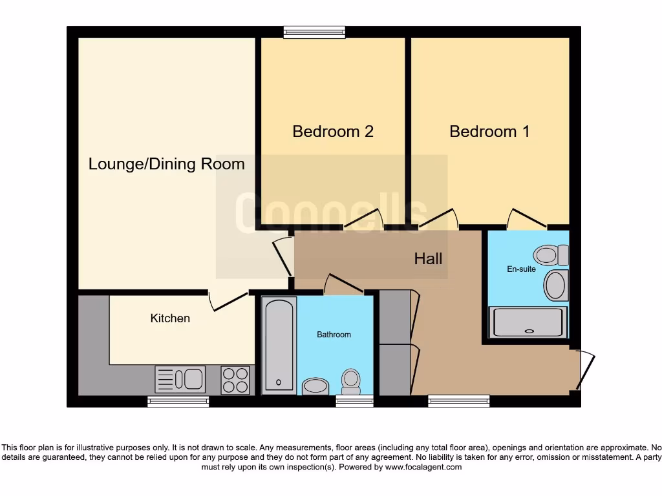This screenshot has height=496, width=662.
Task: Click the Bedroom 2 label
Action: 333,132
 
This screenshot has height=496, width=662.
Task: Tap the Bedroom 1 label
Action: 489,132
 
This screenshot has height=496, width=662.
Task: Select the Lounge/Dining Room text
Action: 166,164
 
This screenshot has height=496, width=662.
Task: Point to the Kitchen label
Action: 170,318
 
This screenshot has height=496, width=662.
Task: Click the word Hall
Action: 428,259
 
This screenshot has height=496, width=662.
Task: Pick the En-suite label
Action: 521,269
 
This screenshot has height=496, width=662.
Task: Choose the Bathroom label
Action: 334,335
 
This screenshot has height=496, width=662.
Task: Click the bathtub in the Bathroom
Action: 279,345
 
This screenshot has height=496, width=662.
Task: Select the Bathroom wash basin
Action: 315,386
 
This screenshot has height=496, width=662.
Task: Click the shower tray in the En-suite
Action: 529,322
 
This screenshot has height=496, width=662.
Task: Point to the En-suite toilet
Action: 551,255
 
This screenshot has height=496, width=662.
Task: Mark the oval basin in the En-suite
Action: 555,285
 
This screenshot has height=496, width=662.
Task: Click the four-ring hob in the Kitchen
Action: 235,380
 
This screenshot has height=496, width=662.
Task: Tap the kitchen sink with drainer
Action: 180,379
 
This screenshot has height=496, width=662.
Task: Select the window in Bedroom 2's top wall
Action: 314,32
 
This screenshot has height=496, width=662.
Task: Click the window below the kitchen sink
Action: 178,401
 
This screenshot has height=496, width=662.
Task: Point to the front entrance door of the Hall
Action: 585,370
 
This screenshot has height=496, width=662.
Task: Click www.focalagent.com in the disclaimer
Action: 423,467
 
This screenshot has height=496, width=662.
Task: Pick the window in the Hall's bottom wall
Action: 458,401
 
